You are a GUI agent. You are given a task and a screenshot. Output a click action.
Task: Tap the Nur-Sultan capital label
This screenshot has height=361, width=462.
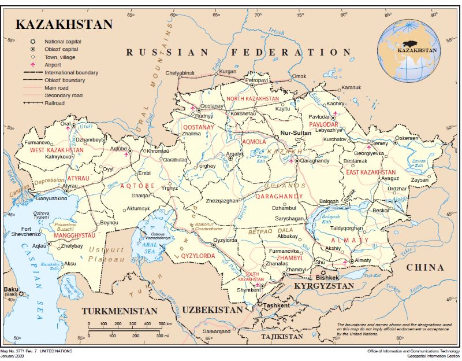[x=295, y=133]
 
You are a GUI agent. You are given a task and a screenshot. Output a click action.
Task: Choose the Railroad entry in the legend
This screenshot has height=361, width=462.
[x=54, y=102]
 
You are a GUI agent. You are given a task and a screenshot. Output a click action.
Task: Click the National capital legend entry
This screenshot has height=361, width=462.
[x=62, y=42]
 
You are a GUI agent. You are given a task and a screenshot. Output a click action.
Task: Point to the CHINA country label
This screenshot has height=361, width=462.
[x=424, y=267]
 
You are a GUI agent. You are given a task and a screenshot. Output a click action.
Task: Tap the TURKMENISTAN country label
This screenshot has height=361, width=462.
[x=120, y=311]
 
